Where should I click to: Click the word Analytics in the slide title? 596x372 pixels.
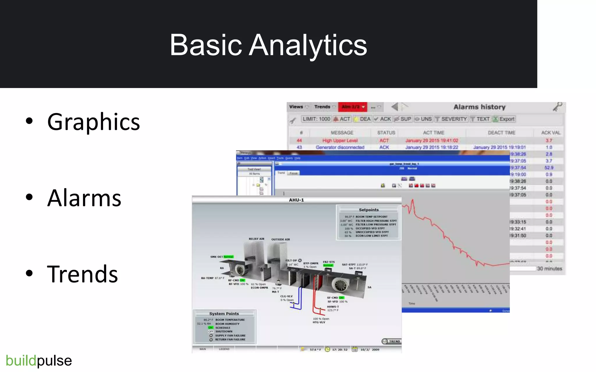pos(308,45)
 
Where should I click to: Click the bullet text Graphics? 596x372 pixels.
pos(93,122)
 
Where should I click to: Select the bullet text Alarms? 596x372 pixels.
pos(84,198)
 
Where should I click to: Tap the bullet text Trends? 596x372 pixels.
pos(82,274)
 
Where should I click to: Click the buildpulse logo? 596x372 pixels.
pos(39,361)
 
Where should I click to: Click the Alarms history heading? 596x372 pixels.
pos(479,107)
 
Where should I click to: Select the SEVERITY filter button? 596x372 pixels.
pos(451,119)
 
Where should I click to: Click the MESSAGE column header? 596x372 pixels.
pos(342,133)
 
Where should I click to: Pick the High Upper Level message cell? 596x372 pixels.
pos(340,140)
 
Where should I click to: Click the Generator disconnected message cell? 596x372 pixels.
pos(340,147)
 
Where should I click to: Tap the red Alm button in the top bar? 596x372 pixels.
pos(352,107)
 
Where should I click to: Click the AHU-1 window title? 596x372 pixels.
pos(296,200)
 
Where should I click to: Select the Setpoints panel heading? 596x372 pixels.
pos(368,210)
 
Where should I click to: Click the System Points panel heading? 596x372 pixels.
pos(224,314)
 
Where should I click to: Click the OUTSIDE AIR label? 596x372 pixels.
pos(281,239)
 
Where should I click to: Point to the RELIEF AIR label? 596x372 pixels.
pos(256,239)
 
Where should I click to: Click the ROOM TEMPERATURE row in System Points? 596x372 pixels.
pos(230,320)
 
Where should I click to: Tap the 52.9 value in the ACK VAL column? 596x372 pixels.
pos(549,168)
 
